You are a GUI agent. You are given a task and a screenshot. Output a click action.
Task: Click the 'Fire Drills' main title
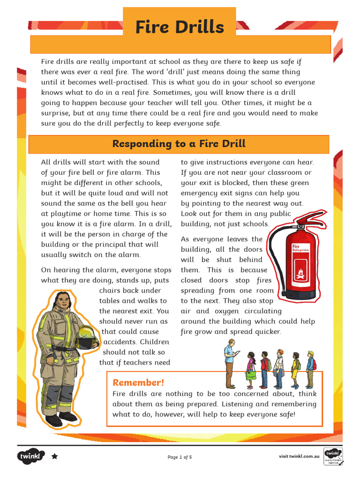pos(180,27)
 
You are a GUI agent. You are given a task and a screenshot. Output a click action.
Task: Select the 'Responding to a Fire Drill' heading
pos(179,144)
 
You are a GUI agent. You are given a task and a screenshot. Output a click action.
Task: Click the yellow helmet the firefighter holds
pos(87,336)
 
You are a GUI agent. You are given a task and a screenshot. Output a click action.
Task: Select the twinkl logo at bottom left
pos(31,456)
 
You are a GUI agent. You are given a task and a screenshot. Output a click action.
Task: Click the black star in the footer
pos(54,456)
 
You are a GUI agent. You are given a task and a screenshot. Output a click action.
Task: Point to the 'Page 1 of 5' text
pos(180,457)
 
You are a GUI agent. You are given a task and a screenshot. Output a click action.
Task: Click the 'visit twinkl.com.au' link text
pos(299,456)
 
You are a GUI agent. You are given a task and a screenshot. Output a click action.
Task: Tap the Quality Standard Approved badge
pos(333,456)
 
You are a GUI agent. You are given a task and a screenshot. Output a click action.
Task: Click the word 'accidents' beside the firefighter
pos(120,342)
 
